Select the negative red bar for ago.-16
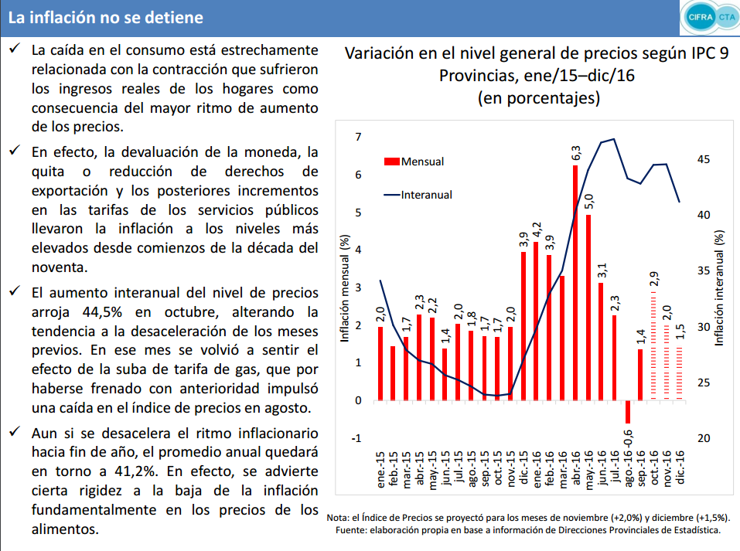pos(628,412)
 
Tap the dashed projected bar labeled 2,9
pos(653,346)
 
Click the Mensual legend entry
pos(414,162)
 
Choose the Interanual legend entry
pos(418,195)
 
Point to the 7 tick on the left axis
pos(358,137)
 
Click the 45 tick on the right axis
pos(703,159)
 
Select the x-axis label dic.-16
pos(680,467)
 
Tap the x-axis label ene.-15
pos(381,469)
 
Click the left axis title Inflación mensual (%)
pos(345,287)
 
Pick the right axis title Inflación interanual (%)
pos(719,288)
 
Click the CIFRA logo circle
pos(701,18)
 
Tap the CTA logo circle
pos(728,18)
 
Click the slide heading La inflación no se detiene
pos(106,18)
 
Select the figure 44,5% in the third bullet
pos(102,312)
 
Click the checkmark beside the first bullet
pos(15,48)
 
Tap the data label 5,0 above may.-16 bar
pos(589,202)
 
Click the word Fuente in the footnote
pos(350,530)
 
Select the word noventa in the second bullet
pos(60,267)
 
